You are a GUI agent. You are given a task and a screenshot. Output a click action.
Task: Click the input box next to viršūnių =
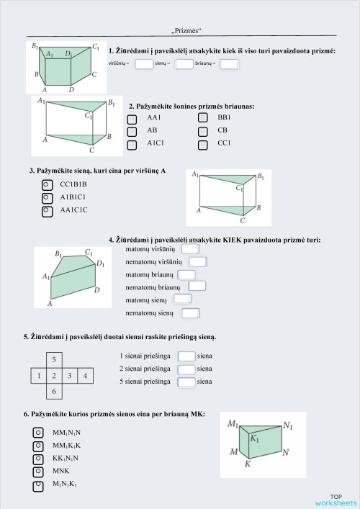(144, 64)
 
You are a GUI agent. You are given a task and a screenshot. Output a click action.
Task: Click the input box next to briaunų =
(229, 64)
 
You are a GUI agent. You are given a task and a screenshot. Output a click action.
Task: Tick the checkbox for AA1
(132, 118)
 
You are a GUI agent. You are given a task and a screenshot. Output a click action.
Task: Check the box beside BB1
(203, 118)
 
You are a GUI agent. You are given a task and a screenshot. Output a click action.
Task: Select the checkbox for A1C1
(132, 145)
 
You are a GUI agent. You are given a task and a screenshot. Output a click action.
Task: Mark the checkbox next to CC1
(203, 145)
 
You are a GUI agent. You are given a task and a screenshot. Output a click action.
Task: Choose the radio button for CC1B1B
(47, 184)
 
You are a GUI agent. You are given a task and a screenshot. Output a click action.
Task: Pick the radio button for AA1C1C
(47, 211)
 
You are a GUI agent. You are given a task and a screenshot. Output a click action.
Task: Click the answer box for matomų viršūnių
(190, 248)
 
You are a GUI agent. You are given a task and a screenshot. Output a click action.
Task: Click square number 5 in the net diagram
(53, 359)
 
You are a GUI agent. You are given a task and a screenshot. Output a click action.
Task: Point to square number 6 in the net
(53, 392)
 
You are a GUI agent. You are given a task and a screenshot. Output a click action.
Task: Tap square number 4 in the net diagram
(85, 375)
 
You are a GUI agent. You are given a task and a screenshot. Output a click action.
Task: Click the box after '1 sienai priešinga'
(186, 356)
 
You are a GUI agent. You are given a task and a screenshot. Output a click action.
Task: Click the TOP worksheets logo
(335, 500)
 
